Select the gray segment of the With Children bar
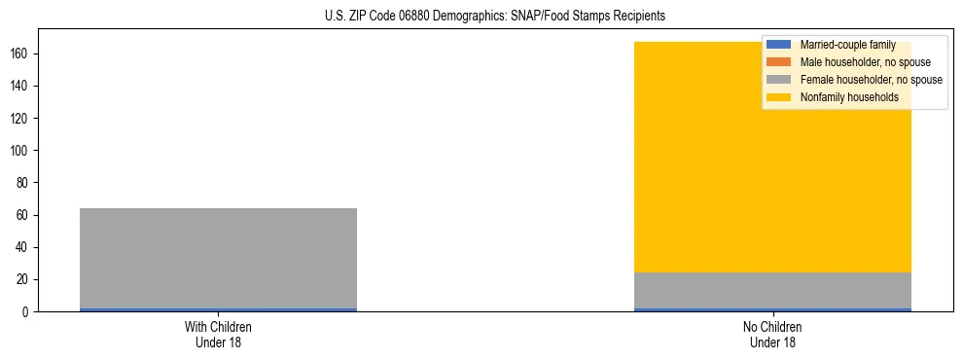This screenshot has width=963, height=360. click(218, 258)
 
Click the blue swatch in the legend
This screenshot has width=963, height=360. click(779, 45)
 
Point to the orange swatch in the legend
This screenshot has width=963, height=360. click(779, 62)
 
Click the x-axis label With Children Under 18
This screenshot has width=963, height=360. click(218, 335)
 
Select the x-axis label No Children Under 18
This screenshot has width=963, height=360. click(772, 335)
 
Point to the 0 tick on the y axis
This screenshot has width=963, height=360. click(28, 312)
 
